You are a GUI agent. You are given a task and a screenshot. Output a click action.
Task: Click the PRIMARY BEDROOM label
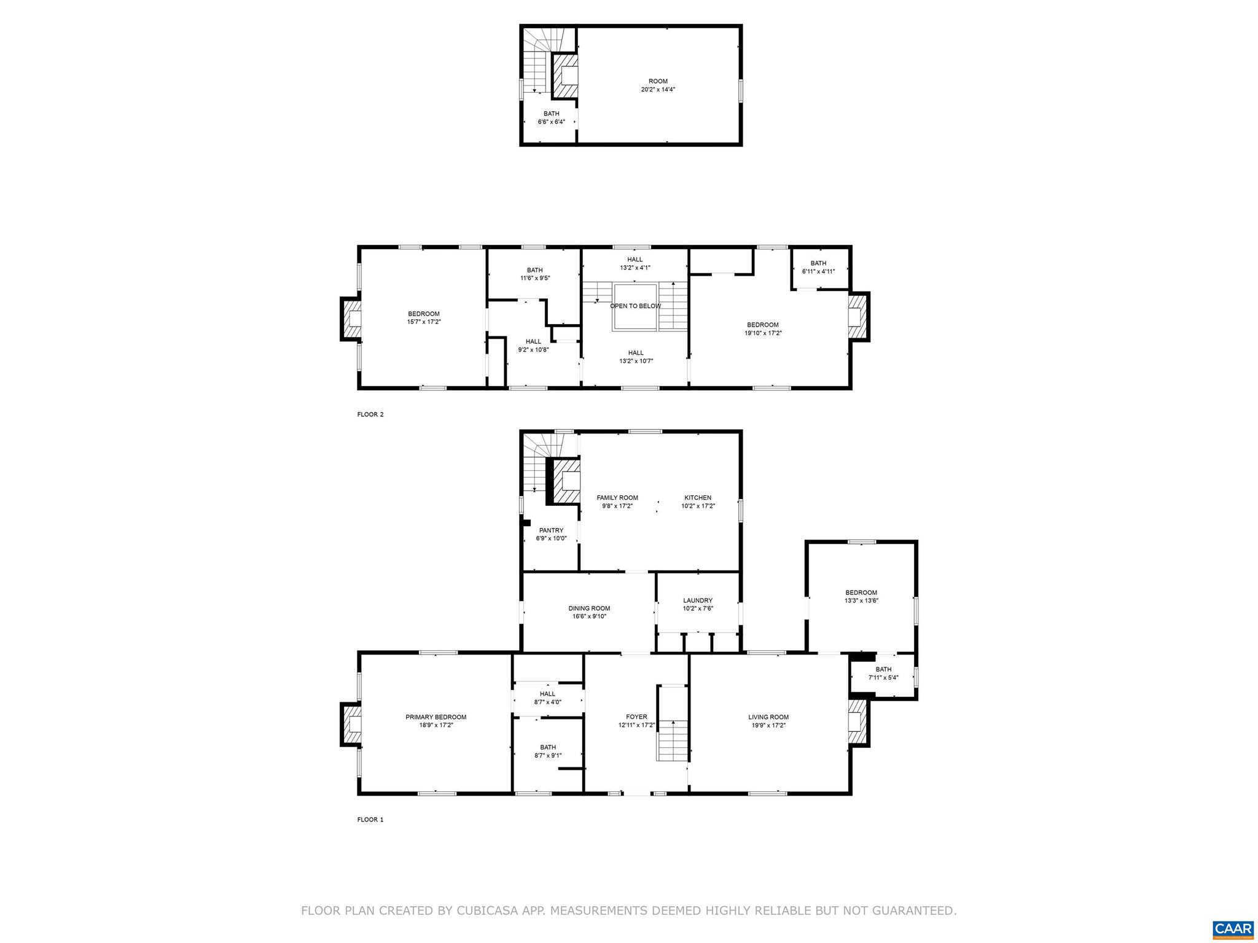436,716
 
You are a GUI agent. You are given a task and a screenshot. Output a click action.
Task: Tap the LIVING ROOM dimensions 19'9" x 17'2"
768,725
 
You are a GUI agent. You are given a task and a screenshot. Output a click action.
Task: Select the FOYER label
636,716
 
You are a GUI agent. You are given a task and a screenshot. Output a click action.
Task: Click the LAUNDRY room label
697,600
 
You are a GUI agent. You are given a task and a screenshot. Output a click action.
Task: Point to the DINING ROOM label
589,608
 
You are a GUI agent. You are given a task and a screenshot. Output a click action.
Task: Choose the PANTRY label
551,530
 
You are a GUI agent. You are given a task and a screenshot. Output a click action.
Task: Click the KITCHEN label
698,498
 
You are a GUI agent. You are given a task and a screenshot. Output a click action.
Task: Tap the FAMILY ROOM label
617,498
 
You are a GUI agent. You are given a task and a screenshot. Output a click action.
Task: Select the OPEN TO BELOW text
635,306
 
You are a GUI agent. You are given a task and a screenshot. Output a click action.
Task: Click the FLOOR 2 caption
370,414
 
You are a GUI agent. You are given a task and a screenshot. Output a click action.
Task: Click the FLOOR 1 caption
370,820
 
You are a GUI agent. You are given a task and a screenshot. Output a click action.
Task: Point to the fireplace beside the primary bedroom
351,725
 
